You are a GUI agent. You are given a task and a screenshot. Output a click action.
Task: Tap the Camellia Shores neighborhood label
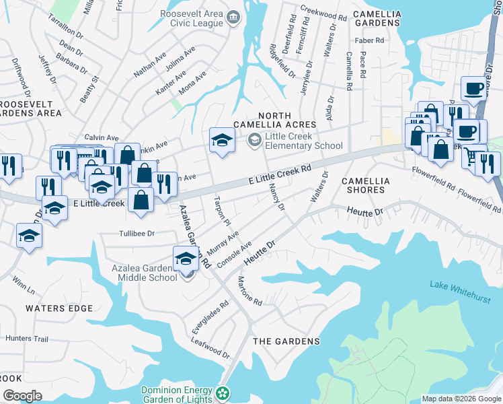[x=373, y=185]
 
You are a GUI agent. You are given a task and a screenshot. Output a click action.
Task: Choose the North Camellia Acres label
[x=274, y=120]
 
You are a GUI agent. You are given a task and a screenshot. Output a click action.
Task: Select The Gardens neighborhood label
[x=286, y=341]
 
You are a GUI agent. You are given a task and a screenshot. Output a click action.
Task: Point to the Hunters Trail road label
[x=27, y=339]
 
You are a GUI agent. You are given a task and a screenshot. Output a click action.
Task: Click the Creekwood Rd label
[x=323, y=13]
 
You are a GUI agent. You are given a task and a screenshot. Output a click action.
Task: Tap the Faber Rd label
[x=369, y=40]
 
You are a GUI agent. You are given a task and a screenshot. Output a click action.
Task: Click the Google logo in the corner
[x=22, y=396]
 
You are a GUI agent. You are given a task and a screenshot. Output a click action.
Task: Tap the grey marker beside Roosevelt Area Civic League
[x=233, y=17]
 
